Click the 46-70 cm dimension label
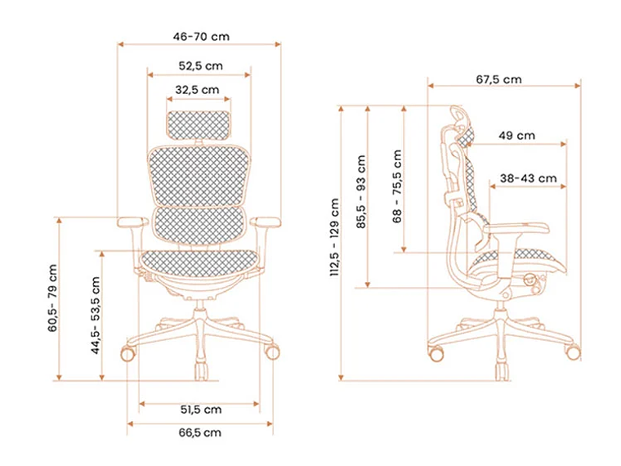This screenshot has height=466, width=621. pos(201,37)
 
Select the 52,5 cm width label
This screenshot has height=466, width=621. pos(201,65)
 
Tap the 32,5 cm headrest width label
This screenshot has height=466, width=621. pos(198,90)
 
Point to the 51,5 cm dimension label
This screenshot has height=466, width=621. pos(200,409)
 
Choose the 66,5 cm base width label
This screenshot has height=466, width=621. pos(200,432)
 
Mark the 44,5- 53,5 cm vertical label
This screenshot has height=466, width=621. pos(96,316)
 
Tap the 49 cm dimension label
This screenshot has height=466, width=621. pos(516,135)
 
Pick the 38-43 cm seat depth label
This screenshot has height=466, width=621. pos(528,178)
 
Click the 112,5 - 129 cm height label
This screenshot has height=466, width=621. pos(335,237)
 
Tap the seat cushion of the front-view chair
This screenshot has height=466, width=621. pos(199,261)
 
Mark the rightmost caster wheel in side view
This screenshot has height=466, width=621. pos(574,353)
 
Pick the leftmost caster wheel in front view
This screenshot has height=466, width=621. pos(128,353)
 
